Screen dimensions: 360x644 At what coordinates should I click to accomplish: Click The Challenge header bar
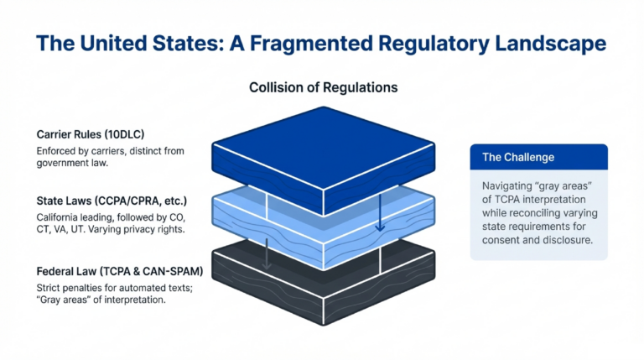[x=538, y=157]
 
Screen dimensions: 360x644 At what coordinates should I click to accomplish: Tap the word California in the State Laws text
[x=60, y=218]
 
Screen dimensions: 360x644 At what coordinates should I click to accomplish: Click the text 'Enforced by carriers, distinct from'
[x=110, y=150]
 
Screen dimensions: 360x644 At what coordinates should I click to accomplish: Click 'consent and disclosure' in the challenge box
[x=538, y=242]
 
